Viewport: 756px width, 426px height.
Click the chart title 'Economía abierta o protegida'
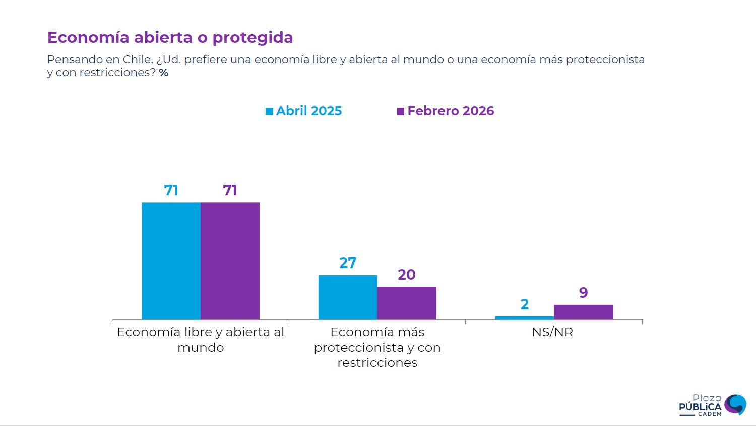click(x=170, y=38)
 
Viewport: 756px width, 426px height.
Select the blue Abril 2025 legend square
click(x=270, y=111)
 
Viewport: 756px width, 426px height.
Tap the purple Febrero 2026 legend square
click(x=401, y=111)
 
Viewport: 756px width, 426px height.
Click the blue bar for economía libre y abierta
click(x=171, y=261)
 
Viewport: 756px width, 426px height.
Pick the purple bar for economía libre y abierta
click(x=230, y=261)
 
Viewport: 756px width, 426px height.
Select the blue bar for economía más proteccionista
click(x=348, y=297)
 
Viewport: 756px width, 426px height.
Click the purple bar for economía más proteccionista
click(x=407, y=303)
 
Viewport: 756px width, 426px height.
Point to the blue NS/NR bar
click(x=525, y=318)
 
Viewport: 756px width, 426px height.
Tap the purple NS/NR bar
click(x=584, y=312)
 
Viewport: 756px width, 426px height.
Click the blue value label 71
click(x=171, y=190)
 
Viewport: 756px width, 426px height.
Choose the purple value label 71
click(x=230, y=190)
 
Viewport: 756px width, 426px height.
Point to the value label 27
click(x=348, y=263)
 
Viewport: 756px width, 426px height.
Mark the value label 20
click(x=407, y=275)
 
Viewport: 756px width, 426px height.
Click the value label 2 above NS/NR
click(x=525, y=304)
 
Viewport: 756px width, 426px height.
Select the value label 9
click(x=584, y=293)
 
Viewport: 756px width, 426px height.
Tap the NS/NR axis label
click(x=552, y=332)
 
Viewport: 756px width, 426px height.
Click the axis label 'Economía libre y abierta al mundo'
click(x=201, y=340)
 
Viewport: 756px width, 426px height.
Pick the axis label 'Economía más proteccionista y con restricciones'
click(x=377, y=347)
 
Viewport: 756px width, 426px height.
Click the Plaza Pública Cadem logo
click(x=712, y=405)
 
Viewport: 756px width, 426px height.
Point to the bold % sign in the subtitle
click(x=164, y=73)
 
